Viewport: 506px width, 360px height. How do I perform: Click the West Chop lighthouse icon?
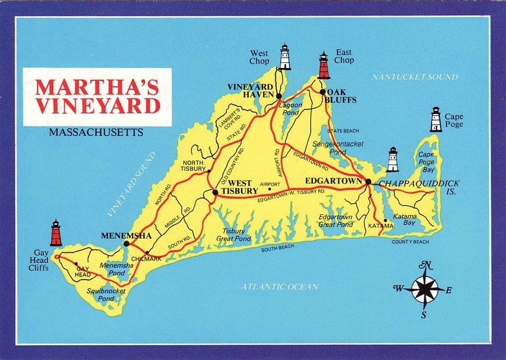click(284, 57)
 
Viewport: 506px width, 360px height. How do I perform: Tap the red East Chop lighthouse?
click(323, 65)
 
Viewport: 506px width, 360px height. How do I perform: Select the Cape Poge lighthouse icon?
click(436, 120)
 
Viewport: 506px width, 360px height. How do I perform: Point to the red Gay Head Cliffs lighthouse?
click(56, 233)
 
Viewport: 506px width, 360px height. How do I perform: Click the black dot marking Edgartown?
click(368, 182)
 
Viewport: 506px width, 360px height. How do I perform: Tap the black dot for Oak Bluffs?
click(322, 92)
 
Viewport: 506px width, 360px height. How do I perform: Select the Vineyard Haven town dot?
click(279, 96)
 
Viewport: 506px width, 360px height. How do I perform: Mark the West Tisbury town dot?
click(214, 192)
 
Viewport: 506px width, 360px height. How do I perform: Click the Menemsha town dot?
click(126, 243)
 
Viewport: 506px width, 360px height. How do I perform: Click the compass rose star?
click(425, 289)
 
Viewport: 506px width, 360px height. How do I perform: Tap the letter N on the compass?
click(426, 265)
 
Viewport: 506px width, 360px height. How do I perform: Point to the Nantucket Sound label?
click(415, 77)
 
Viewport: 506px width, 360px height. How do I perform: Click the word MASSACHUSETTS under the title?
click(96, 133)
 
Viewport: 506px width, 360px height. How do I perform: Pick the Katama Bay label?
click(404, 218)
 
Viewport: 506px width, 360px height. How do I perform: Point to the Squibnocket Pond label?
click(107, 295)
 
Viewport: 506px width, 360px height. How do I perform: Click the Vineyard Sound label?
click(133, 184)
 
